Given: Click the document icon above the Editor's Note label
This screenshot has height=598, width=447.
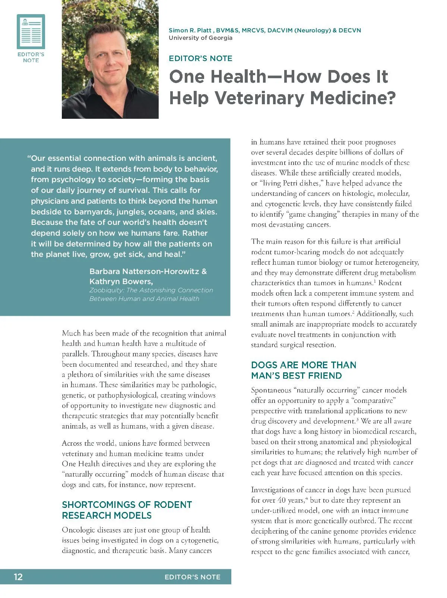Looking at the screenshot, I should click(x=31, y=31).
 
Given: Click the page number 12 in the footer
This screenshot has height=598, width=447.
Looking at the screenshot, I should click(x=18, y=577).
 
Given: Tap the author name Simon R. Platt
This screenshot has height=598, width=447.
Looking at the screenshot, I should click(x=190, y=31).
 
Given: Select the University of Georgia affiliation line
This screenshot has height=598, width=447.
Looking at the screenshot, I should click(x=200, y=38).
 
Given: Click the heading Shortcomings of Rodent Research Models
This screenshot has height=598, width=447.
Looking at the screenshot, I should click(x=127, y=510).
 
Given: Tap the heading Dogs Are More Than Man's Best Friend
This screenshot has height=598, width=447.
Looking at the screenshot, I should click(x=304, y=370).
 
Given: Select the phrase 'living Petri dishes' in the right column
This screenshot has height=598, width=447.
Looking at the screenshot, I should click(x=291, y=183).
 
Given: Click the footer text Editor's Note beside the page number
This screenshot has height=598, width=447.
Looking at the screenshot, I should click(x=192, y=577).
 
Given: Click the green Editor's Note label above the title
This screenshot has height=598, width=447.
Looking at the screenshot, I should click(x=200, y=58).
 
